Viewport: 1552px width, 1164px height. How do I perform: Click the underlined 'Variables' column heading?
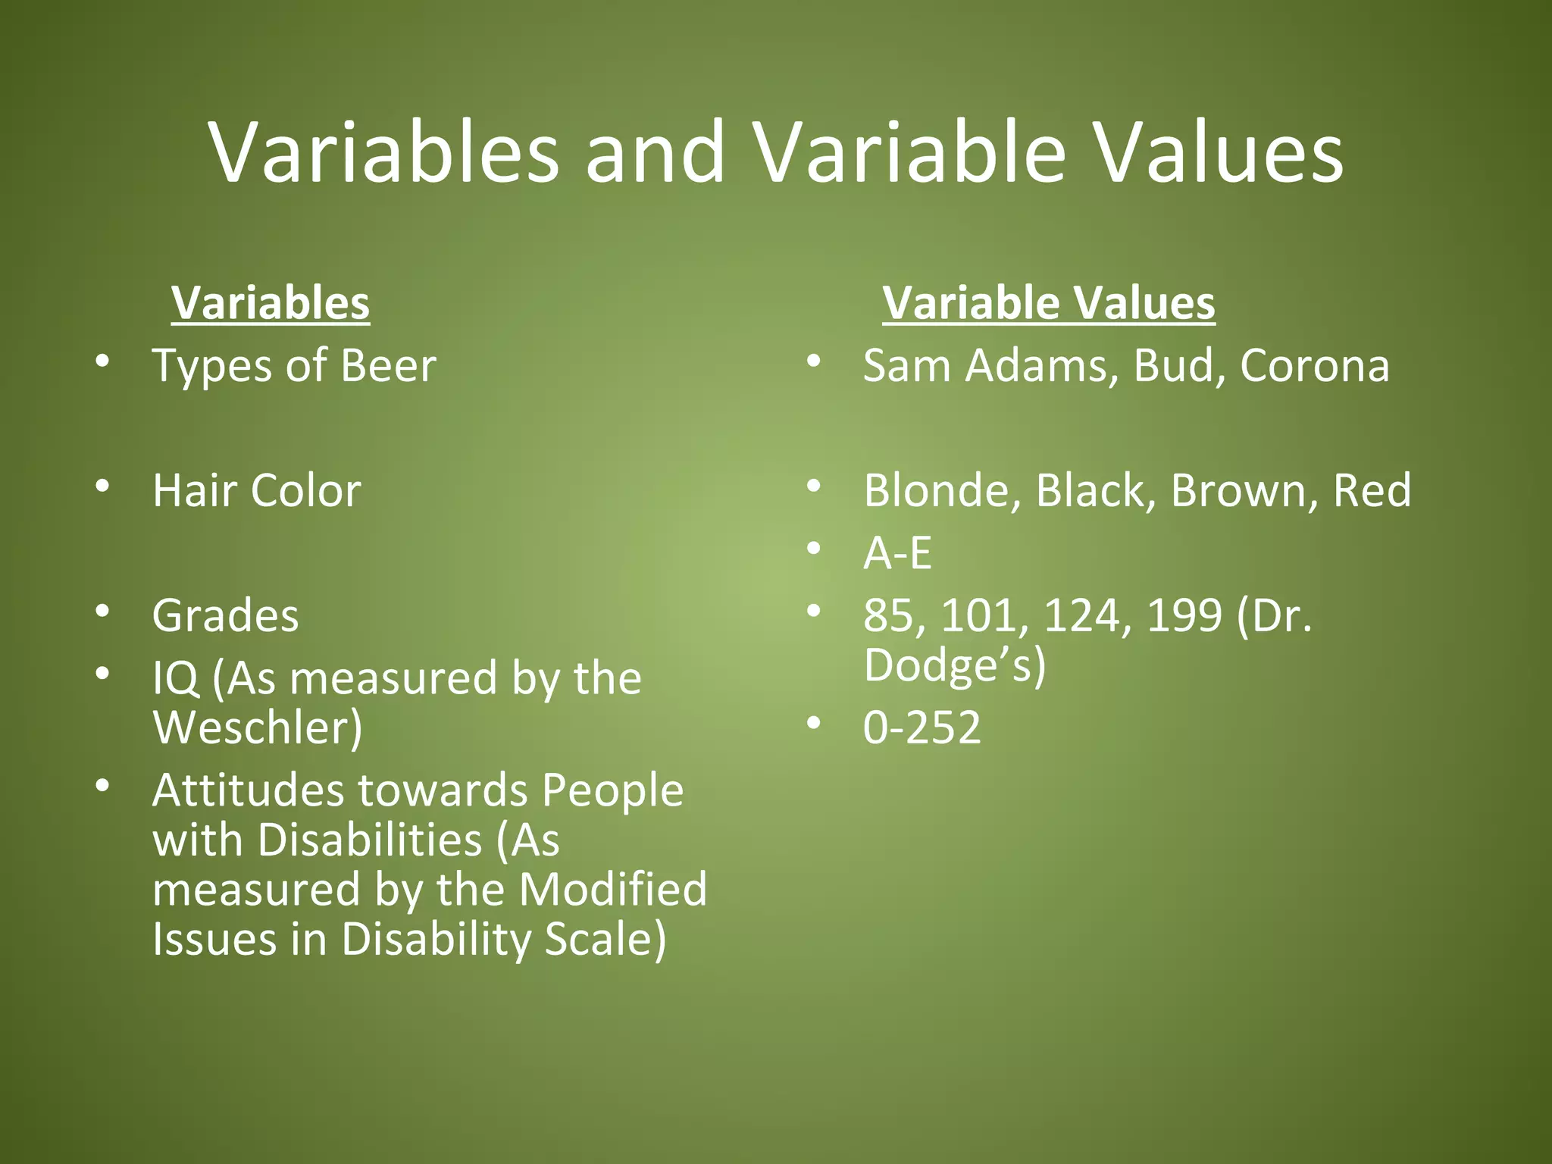(271, 303)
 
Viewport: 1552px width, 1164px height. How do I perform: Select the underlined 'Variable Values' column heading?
(1049, 303)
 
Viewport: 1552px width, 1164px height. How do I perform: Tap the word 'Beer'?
(388, 366)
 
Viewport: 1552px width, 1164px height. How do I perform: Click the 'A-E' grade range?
(897, 553)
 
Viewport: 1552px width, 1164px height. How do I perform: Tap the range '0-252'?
(922, 727)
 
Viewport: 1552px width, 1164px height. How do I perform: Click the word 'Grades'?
(226, 615)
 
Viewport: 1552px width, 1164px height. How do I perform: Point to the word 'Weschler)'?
(258, 727)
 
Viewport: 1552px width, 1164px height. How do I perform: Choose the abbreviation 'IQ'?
(176, 678)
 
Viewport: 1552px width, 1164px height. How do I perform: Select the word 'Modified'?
(613, 890)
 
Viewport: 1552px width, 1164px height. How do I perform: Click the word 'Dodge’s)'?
(955, 665)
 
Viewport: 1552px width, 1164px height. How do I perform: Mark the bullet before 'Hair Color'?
(103, 486)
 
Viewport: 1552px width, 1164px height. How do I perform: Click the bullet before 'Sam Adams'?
(814, 361)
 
